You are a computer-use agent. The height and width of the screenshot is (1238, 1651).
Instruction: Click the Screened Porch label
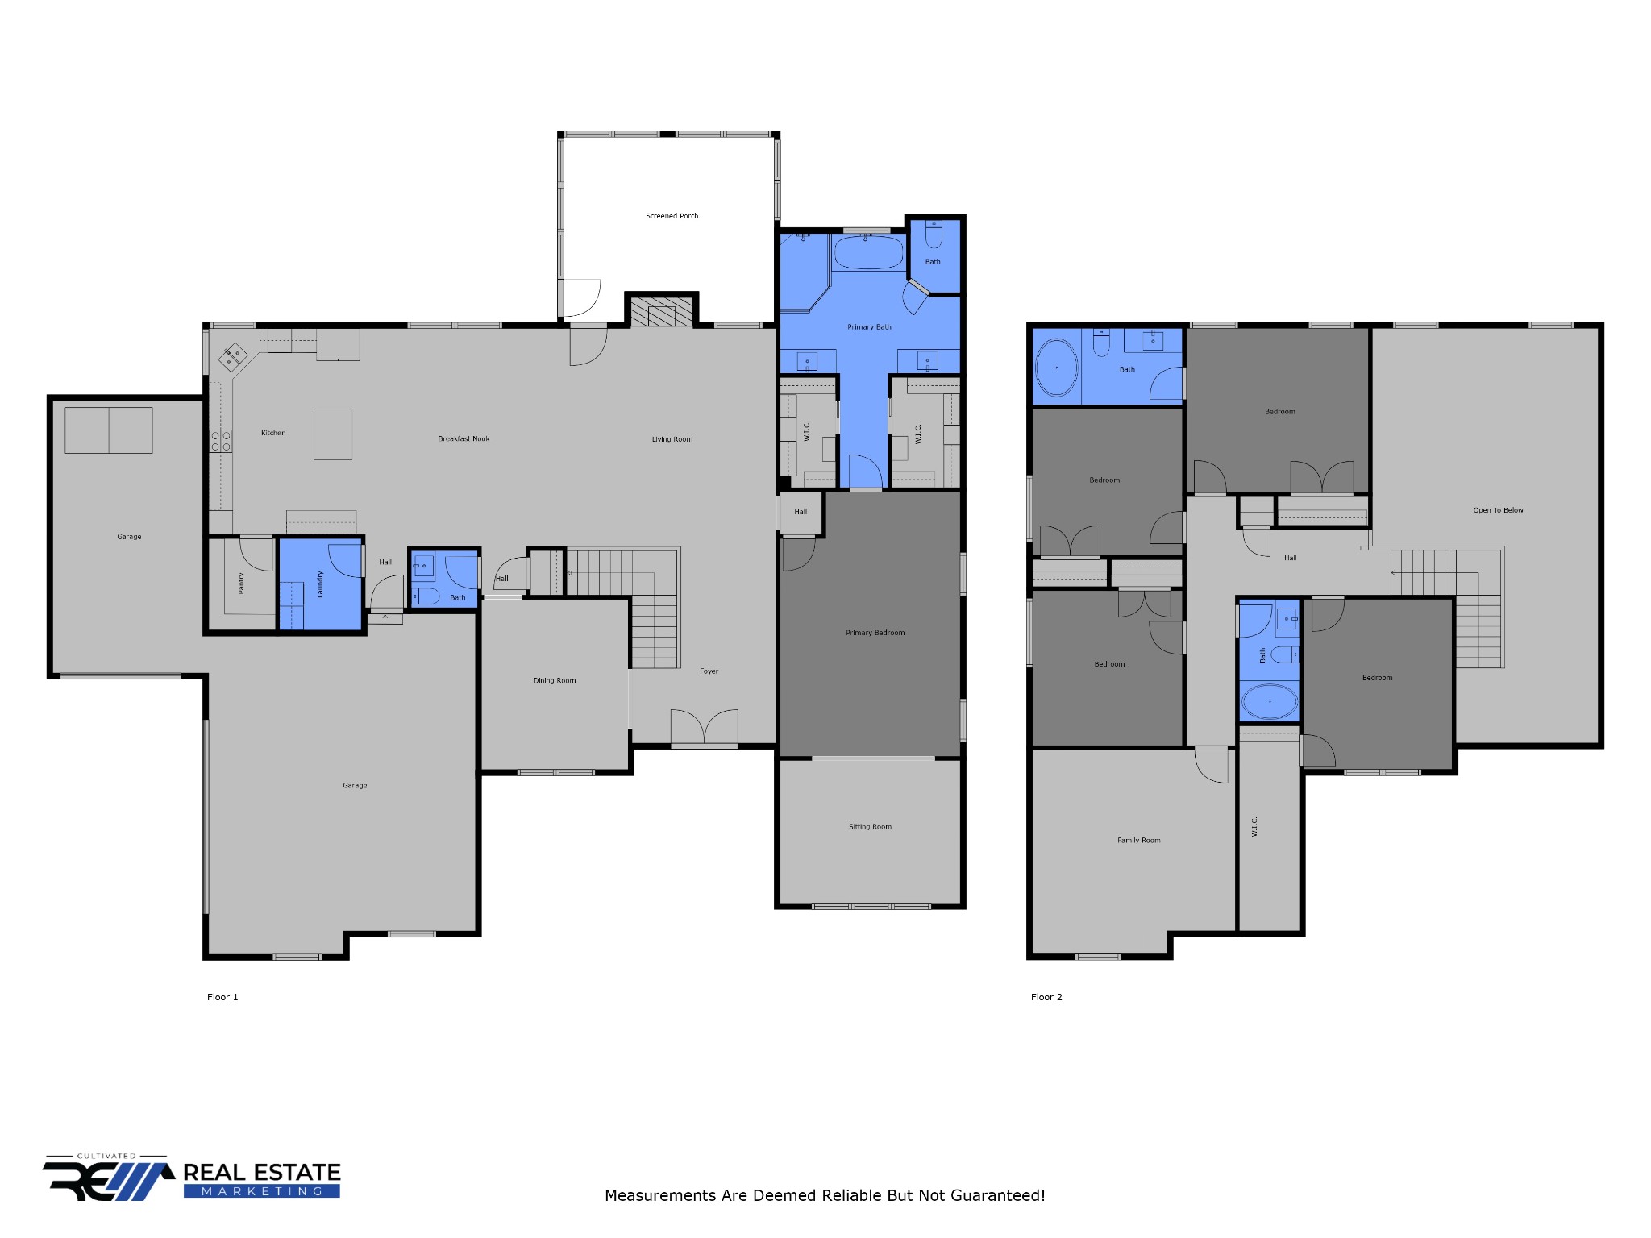coord(672,216)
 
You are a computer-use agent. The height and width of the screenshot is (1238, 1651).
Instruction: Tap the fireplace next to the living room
coord(661,313)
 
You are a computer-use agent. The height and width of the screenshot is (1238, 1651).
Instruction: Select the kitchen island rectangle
coord(333,434)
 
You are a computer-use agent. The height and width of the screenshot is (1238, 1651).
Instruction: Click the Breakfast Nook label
coord(464,439)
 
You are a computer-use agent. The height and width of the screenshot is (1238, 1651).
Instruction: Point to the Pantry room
coord(241,584)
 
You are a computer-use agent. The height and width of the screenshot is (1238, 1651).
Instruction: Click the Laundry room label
coord(320,584)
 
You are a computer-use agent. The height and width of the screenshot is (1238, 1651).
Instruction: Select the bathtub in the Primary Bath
coord(868,253)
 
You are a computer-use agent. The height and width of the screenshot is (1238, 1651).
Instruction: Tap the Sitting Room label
coord(870,827)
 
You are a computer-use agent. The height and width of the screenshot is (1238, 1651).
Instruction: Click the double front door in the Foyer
coord(704,727)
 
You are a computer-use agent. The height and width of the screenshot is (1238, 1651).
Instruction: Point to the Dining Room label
coord(555,681)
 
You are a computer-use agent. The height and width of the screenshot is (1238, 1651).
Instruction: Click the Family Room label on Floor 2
coord(1138,841)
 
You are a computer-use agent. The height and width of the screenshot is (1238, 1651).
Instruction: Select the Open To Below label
coord(1498,510)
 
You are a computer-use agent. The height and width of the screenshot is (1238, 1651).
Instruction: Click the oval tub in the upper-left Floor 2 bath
coord(1056,368)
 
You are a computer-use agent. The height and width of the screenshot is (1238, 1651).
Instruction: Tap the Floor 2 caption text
coord(1046,997)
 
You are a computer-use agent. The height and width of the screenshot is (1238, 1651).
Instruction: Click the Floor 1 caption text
coord(222,997)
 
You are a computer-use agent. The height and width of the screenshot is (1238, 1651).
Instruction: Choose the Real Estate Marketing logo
coord(192,1179)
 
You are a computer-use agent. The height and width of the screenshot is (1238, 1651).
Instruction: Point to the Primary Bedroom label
coord(875,633)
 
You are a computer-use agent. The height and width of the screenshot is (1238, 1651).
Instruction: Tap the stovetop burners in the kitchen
coord(221,441)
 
